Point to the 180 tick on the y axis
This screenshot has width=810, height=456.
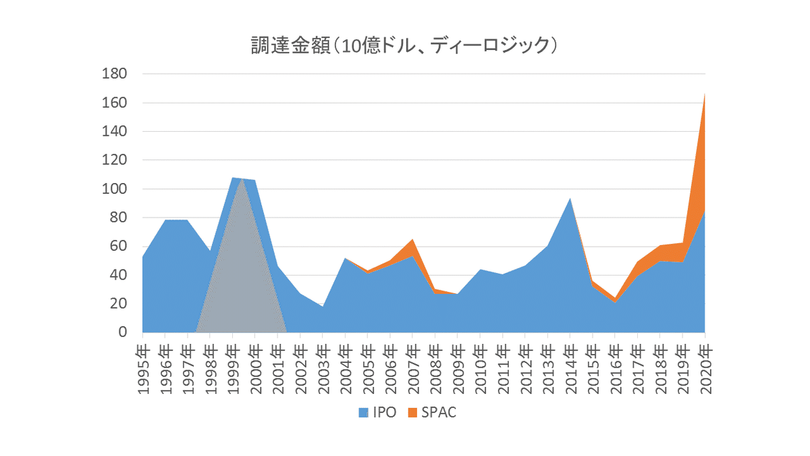(114, 74)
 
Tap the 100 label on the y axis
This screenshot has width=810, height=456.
(114, 189)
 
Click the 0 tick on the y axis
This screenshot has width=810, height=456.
(122, 332)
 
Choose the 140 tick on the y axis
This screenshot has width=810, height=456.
(114, 132)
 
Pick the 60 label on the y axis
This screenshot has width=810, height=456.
(118, 247)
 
